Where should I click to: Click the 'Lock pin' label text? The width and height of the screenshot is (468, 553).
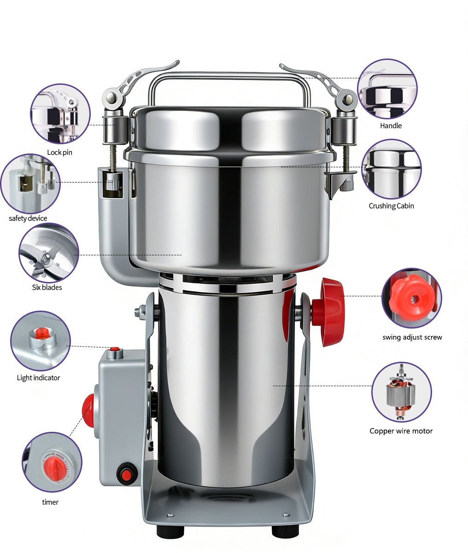(x=59, y=152)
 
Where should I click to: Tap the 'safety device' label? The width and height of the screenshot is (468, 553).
(x=28, y=218)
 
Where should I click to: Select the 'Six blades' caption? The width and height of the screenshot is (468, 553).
(x=47, y=287)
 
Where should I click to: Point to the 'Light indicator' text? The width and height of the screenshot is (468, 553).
(x=39, y=377)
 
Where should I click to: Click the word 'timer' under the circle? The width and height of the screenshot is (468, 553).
(x=50, y=502)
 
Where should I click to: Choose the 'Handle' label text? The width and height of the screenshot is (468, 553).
(x=391, y=125)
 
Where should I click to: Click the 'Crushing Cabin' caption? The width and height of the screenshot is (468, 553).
(x=391, y=206)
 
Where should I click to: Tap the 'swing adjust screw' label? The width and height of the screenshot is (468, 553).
(x=412, y=337)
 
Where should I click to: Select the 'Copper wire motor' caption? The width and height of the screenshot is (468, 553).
(x=401, y=431)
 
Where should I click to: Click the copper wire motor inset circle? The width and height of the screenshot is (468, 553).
(x=401, y=392)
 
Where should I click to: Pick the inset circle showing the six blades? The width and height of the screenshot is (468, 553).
(x=48, y=253)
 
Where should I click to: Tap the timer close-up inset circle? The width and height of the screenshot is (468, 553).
(x=52, y=462)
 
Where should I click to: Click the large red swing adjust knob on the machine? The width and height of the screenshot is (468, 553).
(x=329, y=312)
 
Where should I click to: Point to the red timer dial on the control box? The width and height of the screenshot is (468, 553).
(x=88, y=411)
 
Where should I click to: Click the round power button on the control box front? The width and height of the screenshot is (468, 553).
(x=124, y=473)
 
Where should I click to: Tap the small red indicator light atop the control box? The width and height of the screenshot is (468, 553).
(x=114, y=349)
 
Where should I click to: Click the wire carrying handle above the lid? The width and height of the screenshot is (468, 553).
(x=229, y=81)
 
